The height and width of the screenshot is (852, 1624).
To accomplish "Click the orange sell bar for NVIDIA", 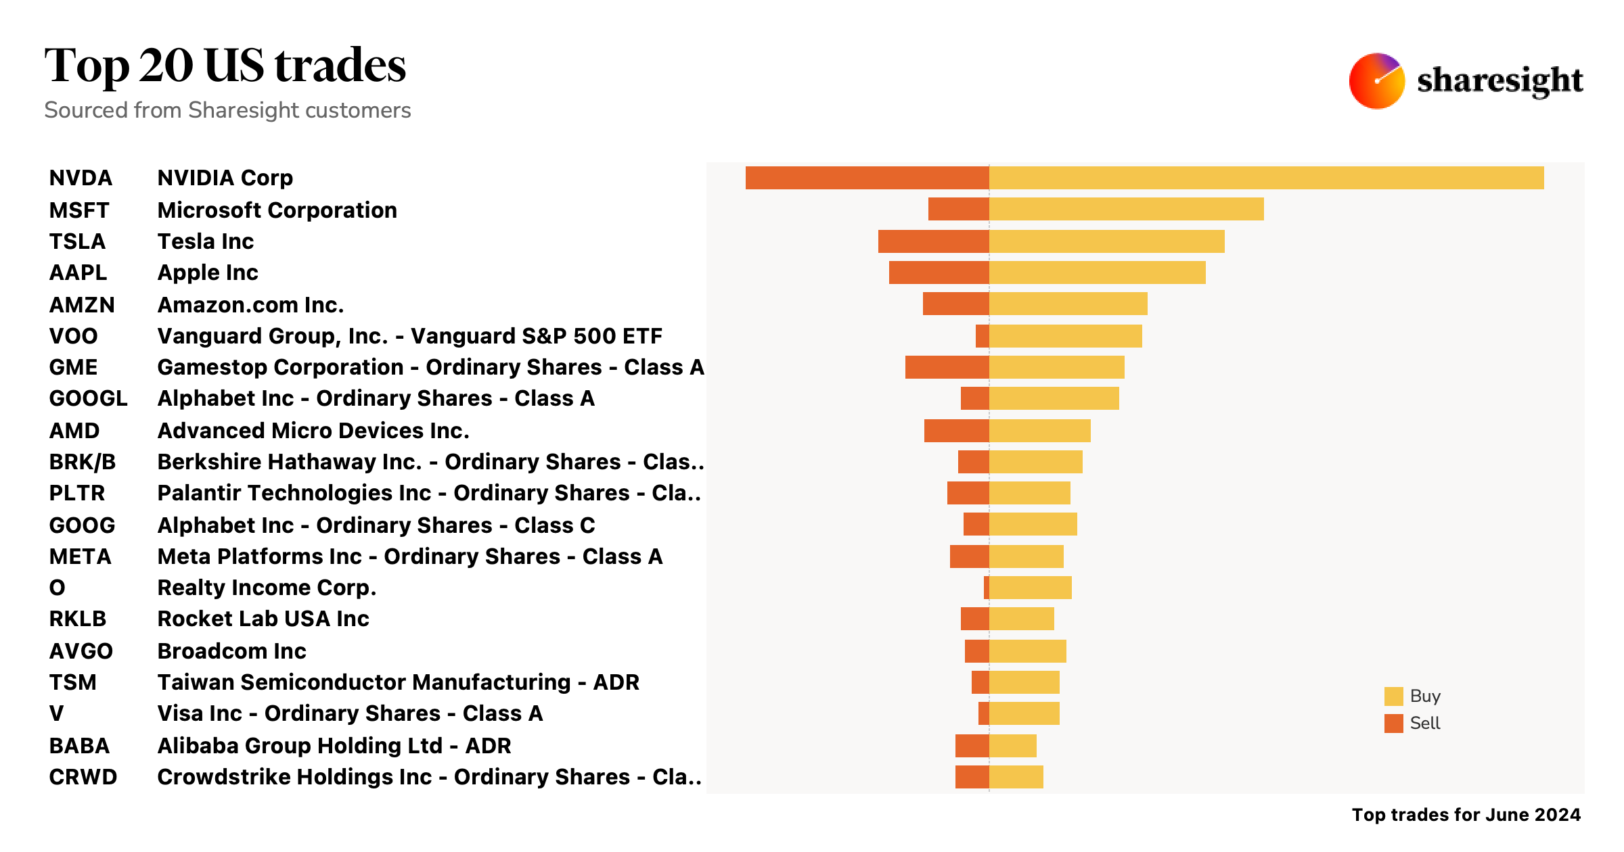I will click(867, 178).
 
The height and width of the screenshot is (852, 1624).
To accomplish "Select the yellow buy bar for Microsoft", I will click(1126, 209).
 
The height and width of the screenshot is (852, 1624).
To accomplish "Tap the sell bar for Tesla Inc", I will click(933, 241).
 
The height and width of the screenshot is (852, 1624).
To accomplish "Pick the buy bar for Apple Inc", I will click(1097, 273).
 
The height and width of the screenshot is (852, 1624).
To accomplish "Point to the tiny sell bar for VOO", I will click(982, 336).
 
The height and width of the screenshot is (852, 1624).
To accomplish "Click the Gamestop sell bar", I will click(947, 367).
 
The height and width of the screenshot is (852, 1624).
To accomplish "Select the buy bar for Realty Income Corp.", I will click(1030, 588).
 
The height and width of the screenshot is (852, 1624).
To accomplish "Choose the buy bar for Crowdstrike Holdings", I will click(1016, 777).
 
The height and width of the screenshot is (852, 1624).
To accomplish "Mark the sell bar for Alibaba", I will click(972, 746).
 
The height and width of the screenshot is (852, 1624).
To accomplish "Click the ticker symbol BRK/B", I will click(83, 462).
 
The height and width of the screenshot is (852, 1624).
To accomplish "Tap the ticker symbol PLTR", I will click(77, 493).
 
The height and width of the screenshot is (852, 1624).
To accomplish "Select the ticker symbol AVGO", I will click(81, 651).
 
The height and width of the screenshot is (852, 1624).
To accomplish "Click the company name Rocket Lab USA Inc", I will click(263, 619).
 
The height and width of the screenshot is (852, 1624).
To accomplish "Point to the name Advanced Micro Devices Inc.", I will click(313, 431).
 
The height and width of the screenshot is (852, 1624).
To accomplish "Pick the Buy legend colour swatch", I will click(1393, 696).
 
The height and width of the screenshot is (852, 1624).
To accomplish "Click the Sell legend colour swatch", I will click(1393, 724).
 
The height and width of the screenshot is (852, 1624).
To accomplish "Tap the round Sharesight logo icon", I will click(1376, 81).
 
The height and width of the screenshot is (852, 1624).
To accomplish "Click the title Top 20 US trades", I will click(225, 66).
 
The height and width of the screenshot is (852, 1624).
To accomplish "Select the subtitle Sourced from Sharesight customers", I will click(227, 110).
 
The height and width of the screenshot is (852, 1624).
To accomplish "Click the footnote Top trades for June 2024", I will click(1466, 815).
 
